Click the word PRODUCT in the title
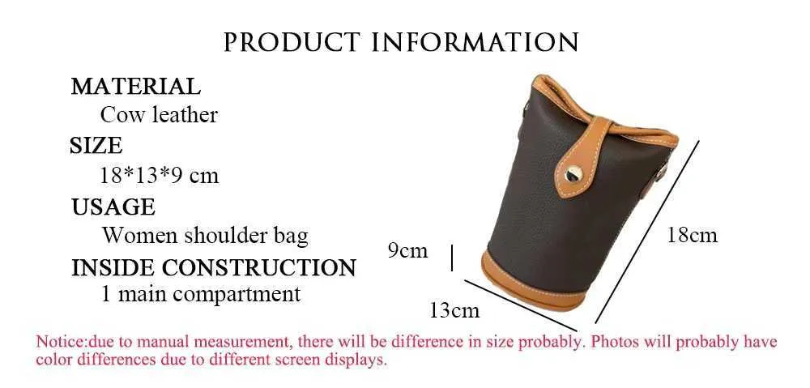coord(292,42)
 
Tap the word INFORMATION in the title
coord(475,42)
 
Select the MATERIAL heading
coord(135,87)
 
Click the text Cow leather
coord(159,115)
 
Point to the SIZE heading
coord(96,146)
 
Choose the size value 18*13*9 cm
coord(159,176)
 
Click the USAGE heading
coord(113,207)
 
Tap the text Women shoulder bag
coord(205,236)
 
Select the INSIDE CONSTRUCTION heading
coord(213,267)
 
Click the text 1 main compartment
coord(200,295)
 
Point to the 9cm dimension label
coord(408,250)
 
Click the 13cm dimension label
coord(454,310)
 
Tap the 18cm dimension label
coord(693,236)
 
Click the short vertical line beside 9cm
coord(452,258)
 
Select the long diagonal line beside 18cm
coord(647,232)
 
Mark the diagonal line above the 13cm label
coord(521,305)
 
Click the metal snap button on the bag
coord(573,173)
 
